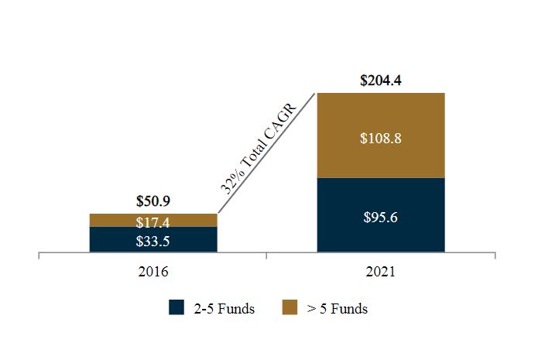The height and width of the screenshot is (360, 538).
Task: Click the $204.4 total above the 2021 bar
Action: tap(381, 80)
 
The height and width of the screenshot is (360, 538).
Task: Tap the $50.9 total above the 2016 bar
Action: tap(152, 201)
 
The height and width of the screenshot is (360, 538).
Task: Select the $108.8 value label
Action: tap(381, 139)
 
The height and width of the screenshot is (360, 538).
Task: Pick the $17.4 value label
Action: tap(152, 222)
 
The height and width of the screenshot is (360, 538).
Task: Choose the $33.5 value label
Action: tap(152, 240)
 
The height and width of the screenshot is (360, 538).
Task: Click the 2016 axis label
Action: tap(152, 272)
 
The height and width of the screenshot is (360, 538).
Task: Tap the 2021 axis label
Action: tap(381, 272)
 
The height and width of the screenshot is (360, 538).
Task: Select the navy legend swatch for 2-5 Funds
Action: tap(176, 308)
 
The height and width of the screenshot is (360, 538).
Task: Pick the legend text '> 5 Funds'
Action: tap(337, 309)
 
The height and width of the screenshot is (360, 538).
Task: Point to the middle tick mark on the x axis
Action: tap(266, 255)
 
